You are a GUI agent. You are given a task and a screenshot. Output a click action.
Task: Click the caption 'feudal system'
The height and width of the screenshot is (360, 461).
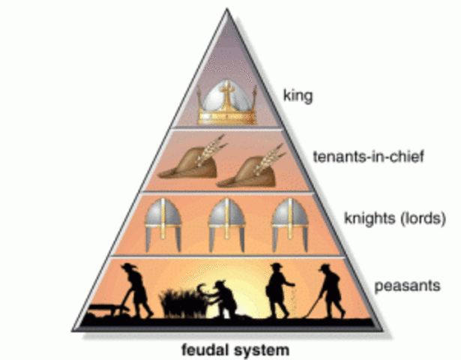[230, 349]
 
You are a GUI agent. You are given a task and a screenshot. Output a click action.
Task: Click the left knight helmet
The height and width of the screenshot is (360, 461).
[162, 227]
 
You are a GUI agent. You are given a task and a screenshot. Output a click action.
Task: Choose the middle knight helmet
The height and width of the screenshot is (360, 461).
[226, 227]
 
